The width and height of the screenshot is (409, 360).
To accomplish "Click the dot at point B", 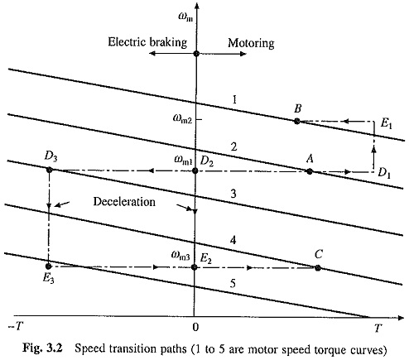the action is tap(297, 121).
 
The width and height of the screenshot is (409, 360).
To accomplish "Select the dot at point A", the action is tap(310, 171).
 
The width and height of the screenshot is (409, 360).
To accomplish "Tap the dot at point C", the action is tap(318, 267).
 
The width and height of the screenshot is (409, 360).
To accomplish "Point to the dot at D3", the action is tap(50, 170).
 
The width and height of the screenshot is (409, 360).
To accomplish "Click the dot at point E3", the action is tap(48, 266).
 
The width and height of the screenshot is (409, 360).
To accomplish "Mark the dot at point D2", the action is tap(195, 170).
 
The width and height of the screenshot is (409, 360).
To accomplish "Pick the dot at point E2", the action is tap(195, 267).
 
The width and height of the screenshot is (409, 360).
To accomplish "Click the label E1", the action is tap(386, 123).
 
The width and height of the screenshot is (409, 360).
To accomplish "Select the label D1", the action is tap(384, 173).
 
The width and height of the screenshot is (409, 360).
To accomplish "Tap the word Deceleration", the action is tap(124, 202).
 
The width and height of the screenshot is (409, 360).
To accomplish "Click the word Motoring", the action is tap(251, 43).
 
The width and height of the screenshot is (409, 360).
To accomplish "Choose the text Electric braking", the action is tap(147, 42).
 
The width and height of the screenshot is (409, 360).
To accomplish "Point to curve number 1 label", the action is tap(234, 99).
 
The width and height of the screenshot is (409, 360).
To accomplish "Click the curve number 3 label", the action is tap(233, 194).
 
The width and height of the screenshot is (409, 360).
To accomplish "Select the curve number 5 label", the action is tap(233, 284).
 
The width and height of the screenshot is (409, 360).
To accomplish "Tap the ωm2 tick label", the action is tap(182, 119).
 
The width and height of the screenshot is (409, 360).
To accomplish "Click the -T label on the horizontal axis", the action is tap(15, 327).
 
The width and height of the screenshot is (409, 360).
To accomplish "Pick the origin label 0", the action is tap(195, 327).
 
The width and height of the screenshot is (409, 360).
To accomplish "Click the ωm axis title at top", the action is tap(185, 17).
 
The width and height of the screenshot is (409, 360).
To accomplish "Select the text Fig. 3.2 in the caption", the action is tap(43, 348).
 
